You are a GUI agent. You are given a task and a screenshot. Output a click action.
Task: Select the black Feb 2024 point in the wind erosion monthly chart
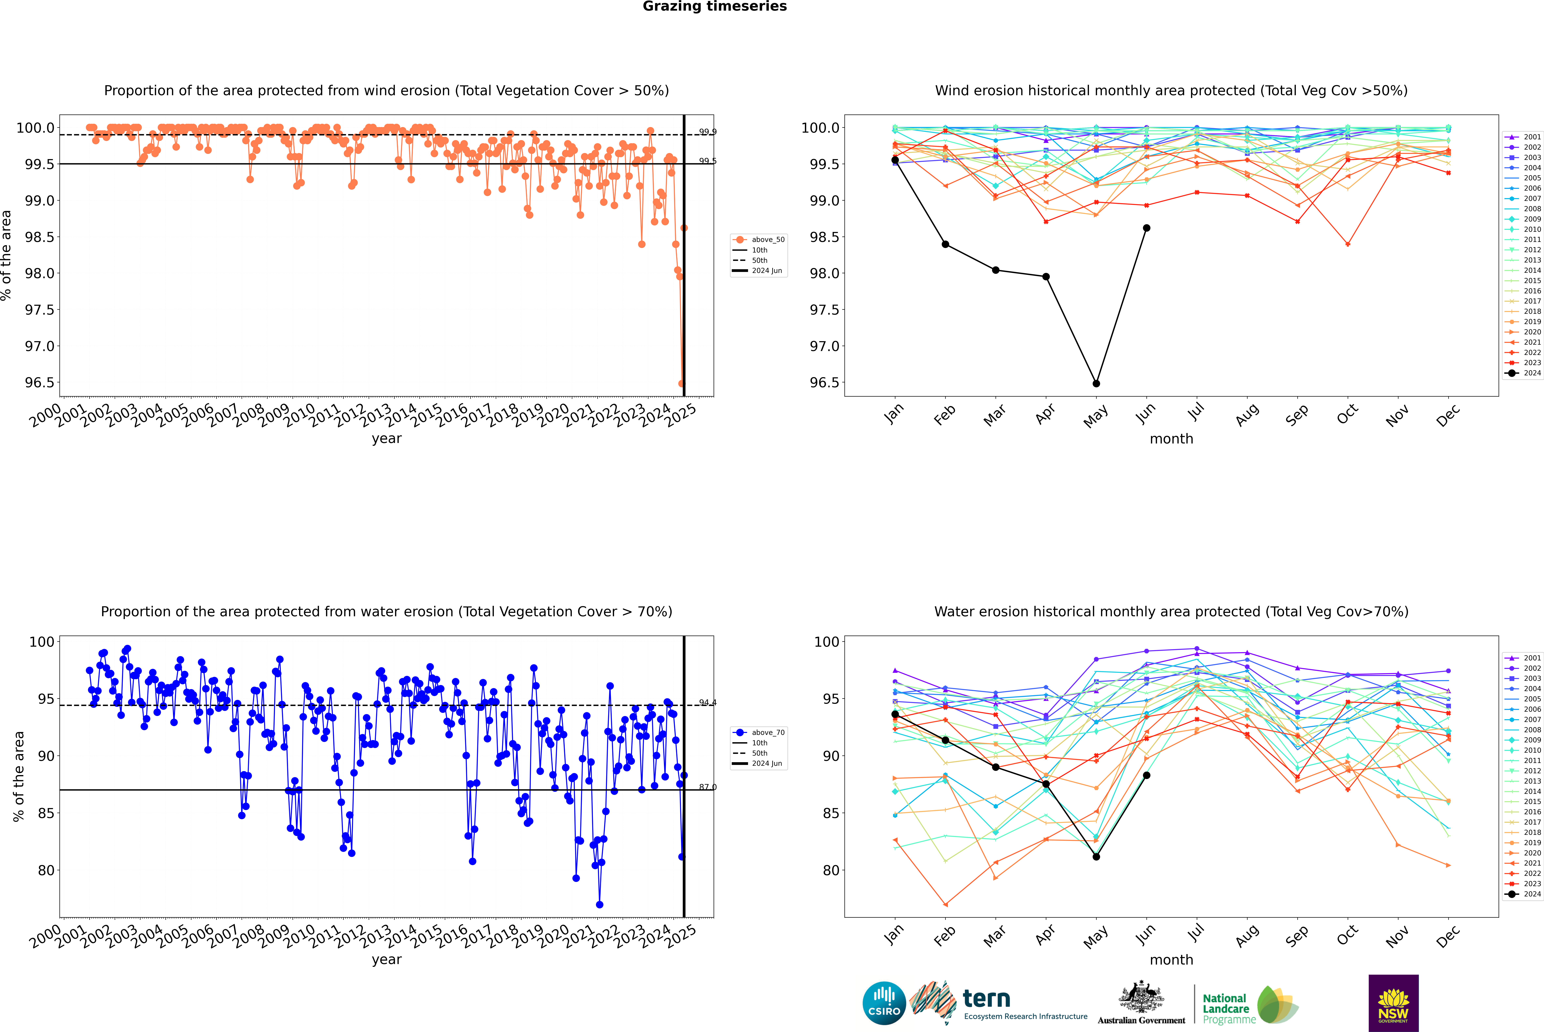pyautogui.click(x=945, y=244)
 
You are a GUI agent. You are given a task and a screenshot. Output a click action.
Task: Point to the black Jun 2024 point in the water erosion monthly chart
pyautogui.click(x=1146, y=775)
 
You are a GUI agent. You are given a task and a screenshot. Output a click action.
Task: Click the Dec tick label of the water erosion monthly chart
pyautogui.click(x=1448, y=936)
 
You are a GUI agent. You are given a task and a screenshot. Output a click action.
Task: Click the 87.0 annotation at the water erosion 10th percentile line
pyautogui.click(x=708, y=787)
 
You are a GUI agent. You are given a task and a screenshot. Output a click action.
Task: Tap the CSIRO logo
pyautogui.click(x=884, y=1003)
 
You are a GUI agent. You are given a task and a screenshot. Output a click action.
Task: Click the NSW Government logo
pyautogui.click(x=1393, y=1003)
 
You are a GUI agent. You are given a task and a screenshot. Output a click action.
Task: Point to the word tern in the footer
pyautogui.click(x=986, y=999)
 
